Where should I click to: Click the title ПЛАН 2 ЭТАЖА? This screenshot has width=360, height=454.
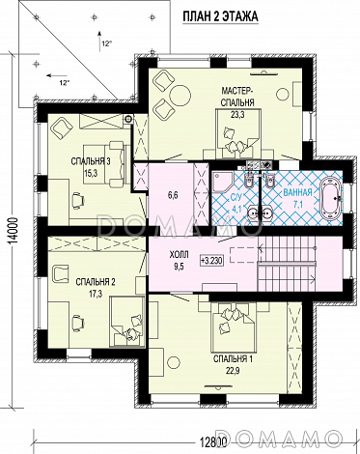(220, 16)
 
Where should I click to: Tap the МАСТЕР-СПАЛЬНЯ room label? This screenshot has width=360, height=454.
(237, 97)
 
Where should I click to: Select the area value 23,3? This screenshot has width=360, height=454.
(237, 114)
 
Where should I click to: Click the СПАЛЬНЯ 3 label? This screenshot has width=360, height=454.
(91, 161)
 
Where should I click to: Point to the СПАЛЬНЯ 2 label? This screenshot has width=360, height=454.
(96, 282)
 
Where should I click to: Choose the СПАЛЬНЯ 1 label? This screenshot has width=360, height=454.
(233, 358)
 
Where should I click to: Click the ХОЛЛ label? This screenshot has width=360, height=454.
(179, 255)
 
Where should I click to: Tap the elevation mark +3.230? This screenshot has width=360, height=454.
(211, 260)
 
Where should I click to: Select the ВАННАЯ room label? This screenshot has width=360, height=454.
(297, 192)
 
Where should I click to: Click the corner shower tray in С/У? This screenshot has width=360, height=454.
(222, 182)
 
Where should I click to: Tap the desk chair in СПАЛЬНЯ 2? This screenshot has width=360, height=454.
(77, 321)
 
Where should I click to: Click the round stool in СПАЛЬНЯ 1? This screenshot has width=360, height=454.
(174, 363)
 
